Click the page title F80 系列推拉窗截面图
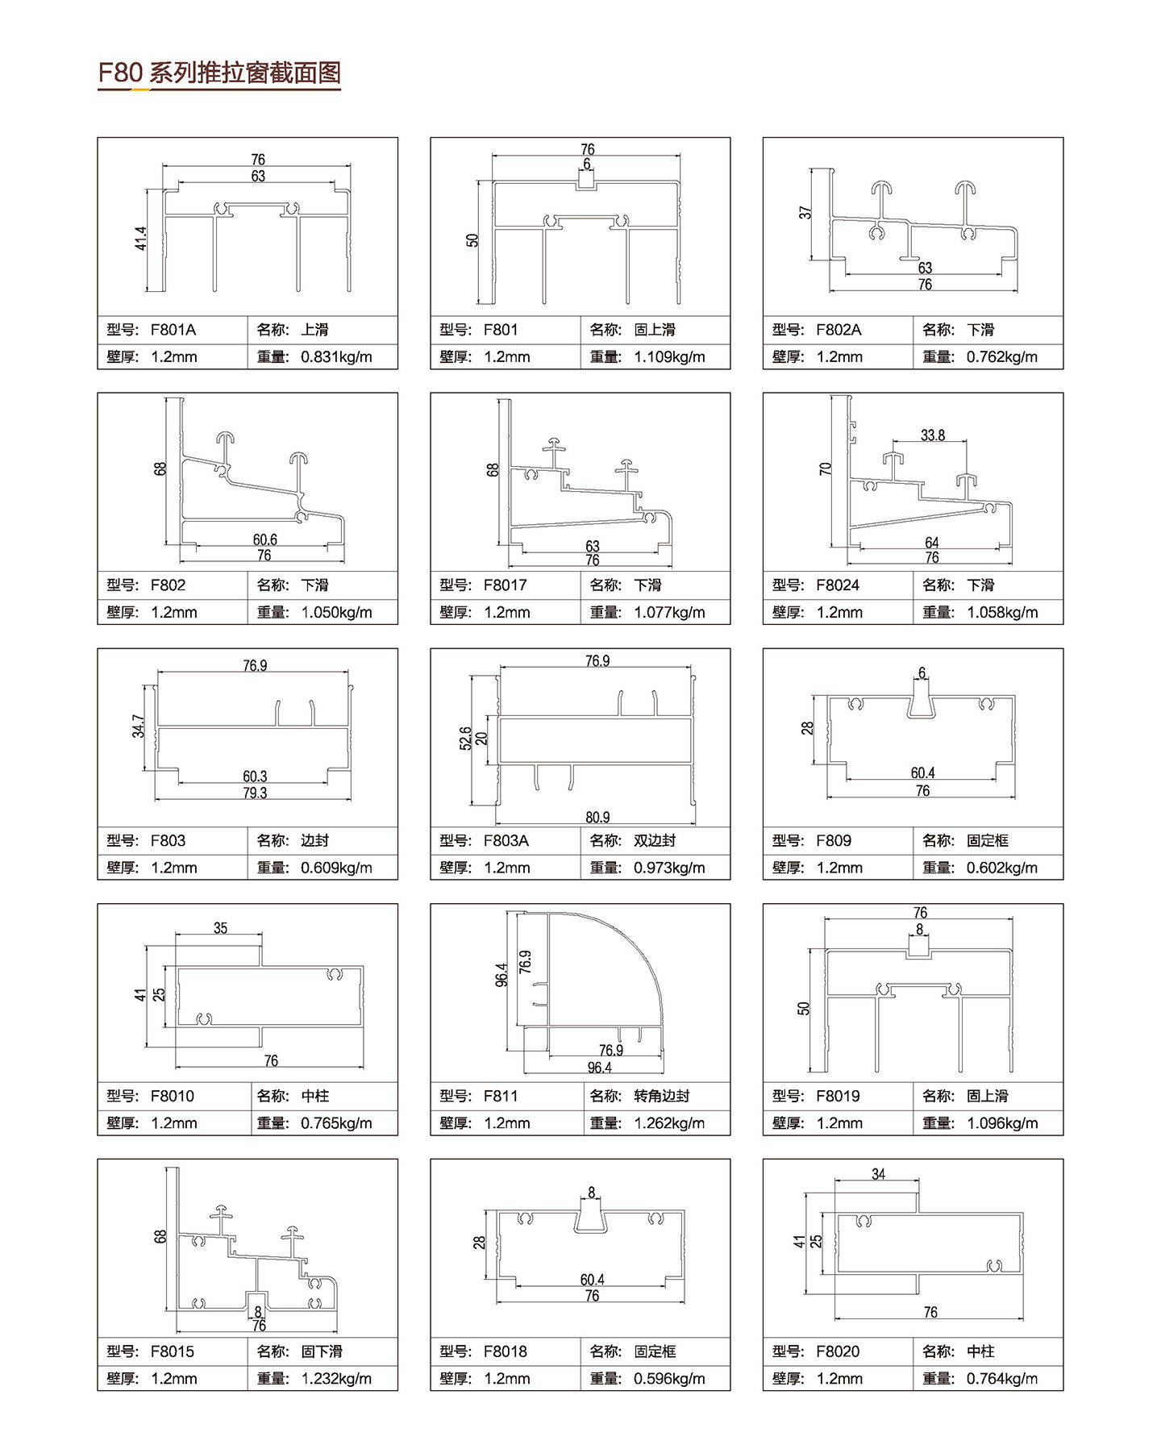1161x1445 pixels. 219,73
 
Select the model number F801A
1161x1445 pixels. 173,330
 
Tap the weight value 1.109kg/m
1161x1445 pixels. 669,356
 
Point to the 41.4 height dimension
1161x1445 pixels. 141,239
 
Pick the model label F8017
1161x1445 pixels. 505,585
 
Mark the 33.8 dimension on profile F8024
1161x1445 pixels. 933,435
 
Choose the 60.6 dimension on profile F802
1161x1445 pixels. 264,539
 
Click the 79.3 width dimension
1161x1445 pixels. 255,793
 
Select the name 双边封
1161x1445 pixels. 654,841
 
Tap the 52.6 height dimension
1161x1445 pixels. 465,739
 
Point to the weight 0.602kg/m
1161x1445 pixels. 1002,868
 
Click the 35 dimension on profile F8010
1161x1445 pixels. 221,928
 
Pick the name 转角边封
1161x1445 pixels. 661,1097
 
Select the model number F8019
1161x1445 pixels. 838,1097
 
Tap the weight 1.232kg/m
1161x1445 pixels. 336,1379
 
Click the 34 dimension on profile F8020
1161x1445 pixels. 879,1174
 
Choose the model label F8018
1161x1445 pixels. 505,1351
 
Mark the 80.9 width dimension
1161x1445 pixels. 597,818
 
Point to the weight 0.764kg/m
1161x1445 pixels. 1002,1379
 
